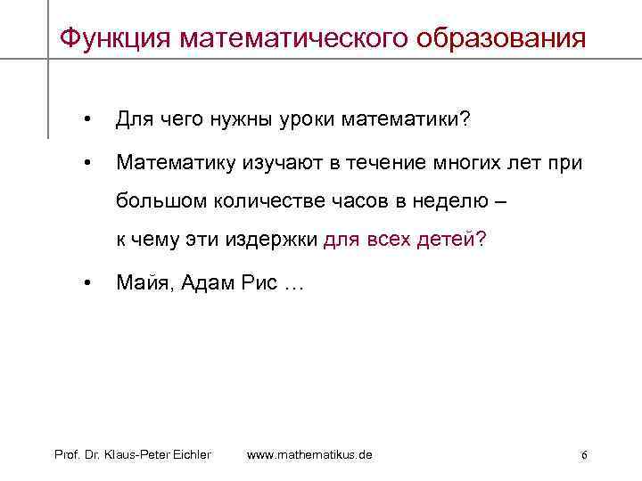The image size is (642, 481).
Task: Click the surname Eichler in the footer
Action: click(x=187, y=455)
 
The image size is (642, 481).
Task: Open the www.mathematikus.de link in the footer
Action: click(x=309, y=455)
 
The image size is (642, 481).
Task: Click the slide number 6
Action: click(x=583, y=455)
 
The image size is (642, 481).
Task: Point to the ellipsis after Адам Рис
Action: click(x=292, y=284)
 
